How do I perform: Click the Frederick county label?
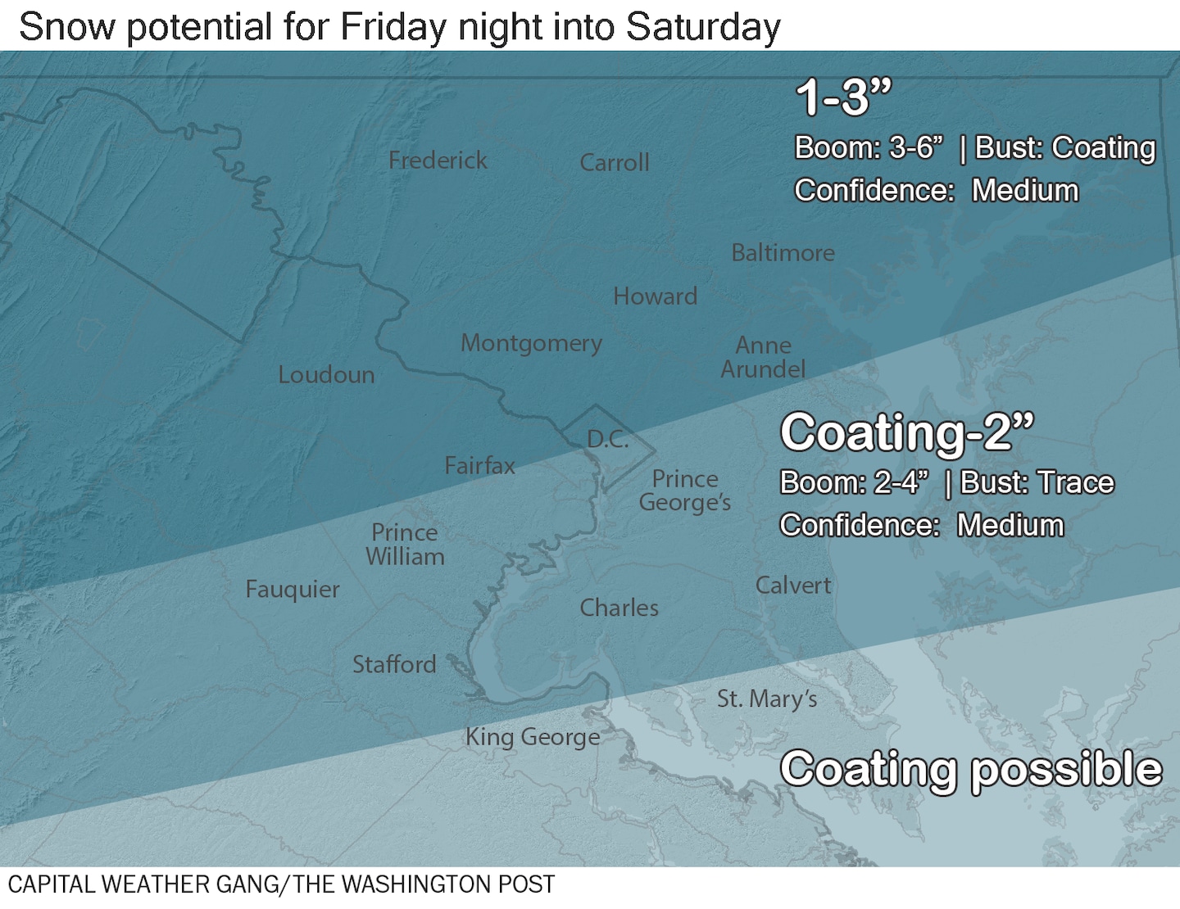[438, 161]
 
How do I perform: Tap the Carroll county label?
[615, 163]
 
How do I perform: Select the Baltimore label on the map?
[783, 253]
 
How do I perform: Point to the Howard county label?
[656, 296]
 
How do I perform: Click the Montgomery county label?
[531, 343]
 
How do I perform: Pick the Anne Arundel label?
[763, 358]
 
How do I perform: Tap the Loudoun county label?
[326, 375]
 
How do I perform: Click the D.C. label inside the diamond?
[608, 440]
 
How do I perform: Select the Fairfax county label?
[480, 466]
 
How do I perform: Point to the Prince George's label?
[685, 491]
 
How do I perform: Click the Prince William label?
[405, 545]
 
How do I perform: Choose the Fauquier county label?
[293, 590]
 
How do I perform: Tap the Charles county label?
[619, 608]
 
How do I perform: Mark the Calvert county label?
[792, 586]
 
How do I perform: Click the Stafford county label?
[394, 664]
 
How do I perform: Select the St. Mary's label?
[767, 699]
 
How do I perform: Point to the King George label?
[533, 737]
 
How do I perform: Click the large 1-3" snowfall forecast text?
[843, 97]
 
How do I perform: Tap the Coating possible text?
[971, 770]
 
